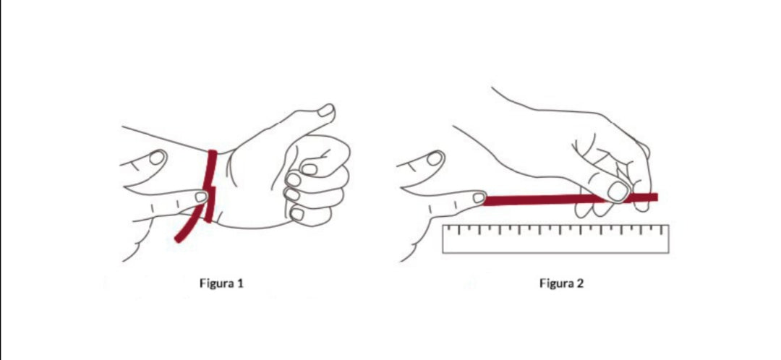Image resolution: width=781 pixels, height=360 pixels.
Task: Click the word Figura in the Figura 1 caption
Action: click(217, 284)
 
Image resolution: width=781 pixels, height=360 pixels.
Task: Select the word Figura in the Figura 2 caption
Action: click(556, 284)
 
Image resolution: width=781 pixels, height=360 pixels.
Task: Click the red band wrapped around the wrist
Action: click(210, 185)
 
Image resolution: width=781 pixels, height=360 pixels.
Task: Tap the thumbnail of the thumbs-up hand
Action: click(325, 110)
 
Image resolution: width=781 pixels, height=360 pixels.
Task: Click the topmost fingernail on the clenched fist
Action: click(310, 169)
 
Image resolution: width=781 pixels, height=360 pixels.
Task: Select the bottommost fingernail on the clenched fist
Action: click(297, 214)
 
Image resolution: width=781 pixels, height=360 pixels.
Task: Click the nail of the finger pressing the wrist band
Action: click(201, 197)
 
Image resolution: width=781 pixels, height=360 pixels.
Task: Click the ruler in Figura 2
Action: click(555, 239)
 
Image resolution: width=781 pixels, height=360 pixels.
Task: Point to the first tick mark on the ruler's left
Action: click(448, 229)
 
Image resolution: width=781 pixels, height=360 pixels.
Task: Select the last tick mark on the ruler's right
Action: click(662, 230)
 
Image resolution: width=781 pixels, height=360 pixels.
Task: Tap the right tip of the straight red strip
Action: click(657, 197)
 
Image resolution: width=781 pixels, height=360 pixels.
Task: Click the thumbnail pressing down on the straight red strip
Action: click(618, 191)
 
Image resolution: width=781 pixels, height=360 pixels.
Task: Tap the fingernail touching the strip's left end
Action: click(479, 198)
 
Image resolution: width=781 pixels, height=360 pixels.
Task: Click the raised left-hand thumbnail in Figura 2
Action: click(435, 158)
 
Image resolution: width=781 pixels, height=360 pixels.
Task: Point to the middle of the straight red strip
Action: click(571, 200)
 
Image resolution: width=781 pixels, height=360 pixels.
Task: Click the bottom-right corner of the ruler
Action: click(668, 253)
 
